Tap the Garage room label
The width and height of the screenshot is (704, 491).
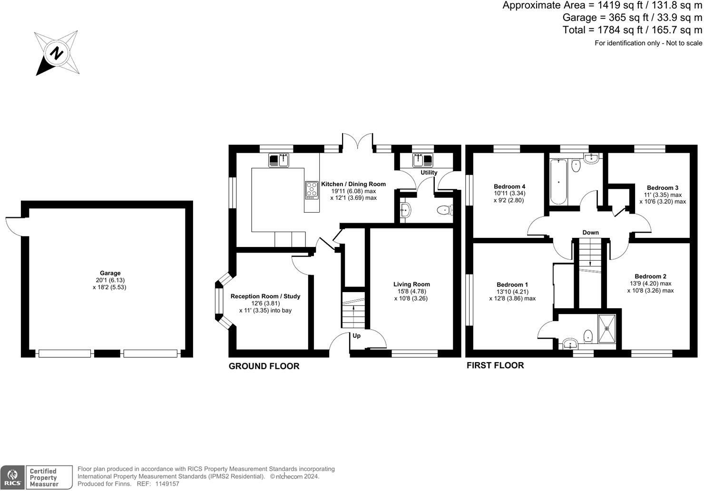pyautogui.click(x=110, y=273)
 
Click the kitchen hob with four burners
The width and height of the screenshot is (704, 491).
pyautogui.click(x=312, y=190)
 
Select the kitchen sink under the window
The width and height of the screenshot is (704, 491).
pyautogui.click(x=278, y=160)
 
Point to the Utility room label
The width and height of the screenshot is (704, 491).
pyautogui.click(x=429, y=173)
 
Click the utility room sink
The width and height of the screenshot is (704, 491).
pyautogui.click(x=423, y=160)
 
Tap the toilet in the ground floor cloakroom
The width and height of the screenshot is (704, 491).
pyautogui.click(x=445, y=210)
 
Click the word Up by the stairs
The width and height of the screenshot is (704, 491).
pyautogui.click(x=356, y=336)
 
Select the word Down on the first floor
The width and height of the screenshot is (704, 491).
pyautogui.click(x=590, y=233)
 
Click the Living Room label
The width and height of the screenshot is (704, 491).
pyautogui.click(x=411, y=284)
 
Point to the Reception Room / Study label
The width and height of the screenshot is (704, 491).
pyautogui.click(x=265, y=296)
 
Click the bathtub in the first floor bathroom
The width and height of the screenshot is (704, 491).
pyautogui.click(x=558, y=182)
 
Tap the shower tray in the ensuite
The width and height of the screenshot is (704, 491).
pyautogui.click(x=607, y=328)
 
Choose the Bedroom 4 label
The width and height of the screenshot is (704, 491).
pyautogui.click(x=509, y=187)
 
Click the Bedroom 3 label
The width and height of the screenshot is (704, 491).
pyautogui.click(x=663, y=187)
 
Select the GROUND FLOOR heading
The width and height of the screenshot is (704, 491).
pyautogui.click(x=264, y=366)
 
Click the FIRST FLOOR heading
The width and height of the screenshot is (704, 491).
pyautogui.click(x=495, y=365)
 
